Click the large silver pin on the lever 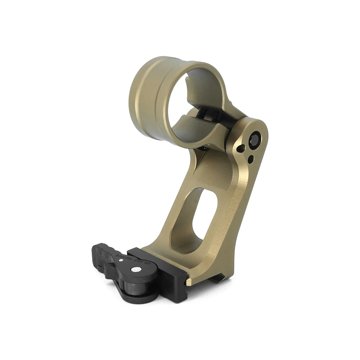[136, 269]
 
